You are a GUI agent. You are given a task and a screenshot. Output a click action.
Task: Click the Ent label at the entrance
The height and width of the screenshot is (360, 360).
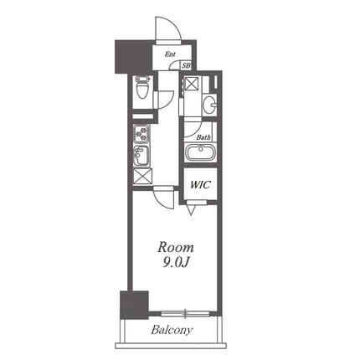170,54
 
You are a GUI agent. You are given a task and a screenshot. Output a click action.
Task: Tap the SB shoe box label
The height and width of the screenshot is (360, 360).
186,66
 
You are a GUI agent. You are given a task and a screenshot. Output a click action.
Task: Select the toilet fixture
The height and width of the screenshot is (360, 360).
142,87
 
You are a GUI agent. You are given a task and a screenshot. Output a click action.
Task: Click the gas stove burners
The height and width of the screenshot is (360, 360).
141,134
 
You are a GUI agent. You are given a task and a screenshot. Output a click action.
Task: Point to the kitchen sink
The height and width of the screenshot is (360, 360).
141,155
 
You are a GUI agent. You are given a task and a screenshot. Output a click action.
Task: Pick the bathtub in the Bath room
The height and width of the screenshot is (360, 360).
200,152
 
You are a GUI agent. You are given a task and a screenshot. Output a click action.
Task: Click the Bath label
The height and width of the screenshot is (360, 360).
203,137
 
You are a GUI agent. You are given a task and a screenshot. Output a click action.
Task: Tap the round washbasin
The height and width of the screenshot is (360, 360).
209,105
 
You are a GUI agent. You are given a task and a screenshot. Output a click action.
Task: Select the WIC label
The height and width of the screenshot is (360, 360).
200,185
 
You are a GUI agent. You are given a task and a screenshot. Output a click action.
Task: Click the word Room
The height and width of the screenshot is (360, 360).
175,247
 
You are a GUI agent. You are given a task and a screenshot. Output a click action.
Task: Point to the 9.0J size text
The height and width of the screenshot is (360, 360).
176,262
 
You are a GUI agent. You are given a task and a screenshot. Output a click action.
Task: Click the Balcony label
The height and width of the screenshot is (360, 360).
172,330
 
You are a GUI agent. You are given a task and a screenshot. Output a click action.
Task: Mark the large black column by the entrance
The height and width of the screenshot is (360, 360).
133,57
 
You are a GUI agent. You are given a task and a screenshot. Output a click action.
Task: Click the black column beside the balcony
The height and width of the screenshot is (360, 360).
134,305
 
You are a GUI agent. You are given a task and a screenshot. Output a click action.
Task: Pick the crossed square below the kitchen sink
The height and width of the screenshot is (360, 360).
142,177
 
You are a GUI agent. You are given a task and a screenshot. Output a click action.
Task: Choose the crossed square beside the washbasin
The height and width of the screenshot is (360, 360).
193,83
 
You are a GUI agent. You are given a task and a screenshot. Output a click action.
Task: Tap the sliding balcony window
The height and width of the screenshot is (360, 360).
185,314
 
